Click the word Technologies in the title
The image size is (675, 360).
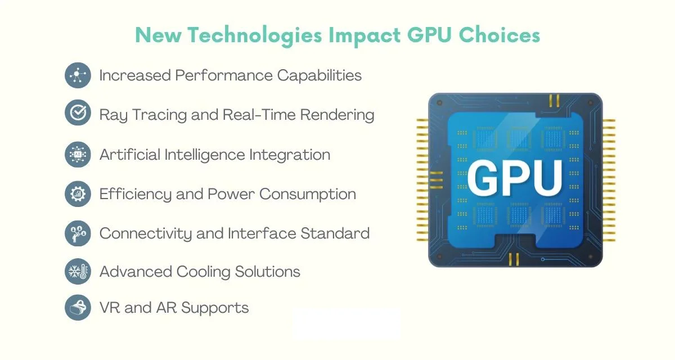coord(255,36)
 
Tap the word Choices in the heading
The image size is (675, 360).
coord(499,35)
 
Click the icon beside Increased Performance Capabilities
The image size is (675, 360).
coord(78,75)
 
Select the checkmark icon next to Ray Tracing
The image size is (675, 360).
coord(78,112)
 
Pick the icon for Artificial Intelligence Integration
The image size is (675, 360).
coord(78,155)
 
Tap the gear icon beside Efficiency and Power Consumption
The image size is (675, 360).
coord(78,193)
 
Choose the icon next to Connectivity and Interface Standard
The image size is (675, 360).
coord(78,233)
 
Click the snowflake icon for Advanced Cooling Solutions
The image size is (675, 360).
coord(78,272)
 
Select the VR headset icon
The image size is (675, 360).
coord(78,308)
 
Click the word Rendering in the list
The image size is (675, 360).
coord(337,115)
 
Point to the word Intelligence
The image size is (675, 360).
coord(205,155)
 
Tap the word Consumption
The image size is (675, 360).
coord(308,194)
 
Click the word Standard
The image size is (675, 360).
coord(335,233)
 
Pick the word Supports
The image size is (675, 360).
coord(215,308)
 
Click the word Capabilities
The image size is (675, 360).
coord(319,75)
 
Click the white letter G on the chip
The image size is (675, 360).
coord(482,178)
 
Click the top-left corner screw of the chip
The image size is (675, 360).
coord(440,103)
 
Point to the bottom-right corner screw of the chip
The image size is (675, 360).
coord(590,257)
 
